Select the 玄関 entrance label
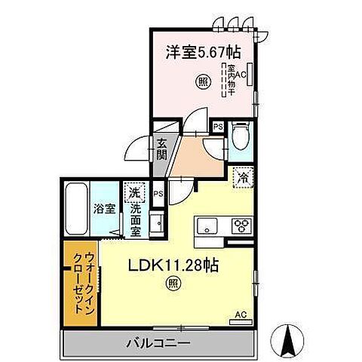162,149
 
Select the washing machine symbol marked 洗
135,192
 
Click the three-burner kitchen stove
241,225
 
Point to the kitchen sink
207,225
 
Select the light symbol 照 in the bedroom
203,82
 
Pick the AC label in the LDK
240,314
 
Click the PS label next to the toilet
217,127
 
